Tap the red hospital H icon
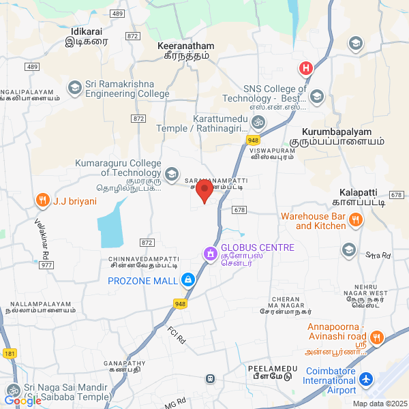(306, 68)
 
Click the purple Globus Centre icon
(210, 254)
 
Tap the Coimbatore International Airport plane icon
(367, 378)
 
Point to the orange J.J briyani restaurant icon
(43, 200)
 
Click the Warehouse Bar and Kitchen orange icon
(354, 219)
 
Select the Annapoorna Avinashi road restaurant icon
(376, 337)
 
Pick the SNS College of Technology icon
(316, 97)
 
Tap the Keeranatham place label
(185, 46)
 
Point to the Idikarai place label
(87, 31)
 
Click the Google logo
(22, 401)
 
